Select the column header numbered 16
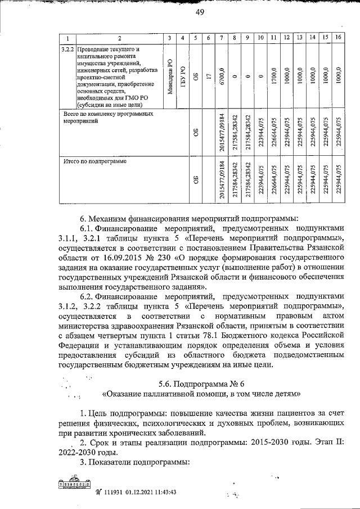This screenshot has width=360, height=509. (337, 38)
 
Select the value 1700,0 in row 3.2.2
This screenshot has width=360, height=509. (273, 75)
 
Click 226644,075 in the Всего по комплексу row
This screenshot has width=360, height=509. (273, 133)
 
